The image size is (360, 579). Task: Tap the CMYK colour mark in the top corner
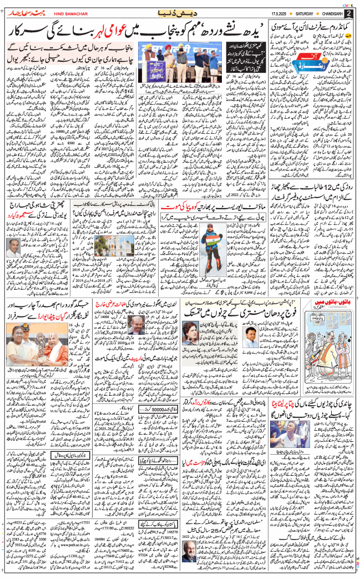pyautogui.click(x=348, y=3)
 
